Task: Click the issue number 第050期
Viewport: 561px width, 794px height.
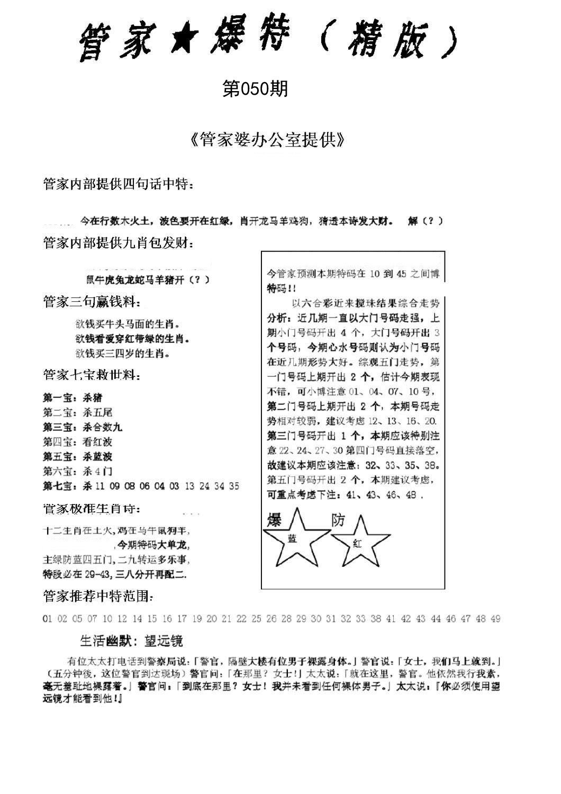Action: point(255,89)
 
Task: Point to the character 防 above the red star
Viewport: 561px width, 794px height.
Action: point(338,520)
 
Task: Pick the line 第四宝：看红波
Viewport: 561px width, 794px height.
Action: point(78,442)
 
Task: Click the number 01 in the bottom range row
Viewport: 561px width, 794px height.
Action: point(47,618)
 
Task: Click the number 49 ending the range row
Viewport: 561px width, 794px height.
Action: point(495,618)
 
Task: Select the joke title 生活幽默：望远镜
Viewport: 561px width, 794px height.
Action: point(131,641)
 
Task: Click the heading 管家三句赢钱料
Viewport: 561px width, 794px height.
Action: point(92,302)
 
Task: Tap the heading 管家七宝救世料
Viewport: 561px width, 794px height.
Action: point(92,376)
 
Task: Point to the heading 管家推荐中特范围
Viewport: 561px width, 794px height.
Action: point(98,597)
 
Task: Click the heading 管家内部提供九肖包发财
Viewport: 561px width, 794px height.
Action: point(118,243)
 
